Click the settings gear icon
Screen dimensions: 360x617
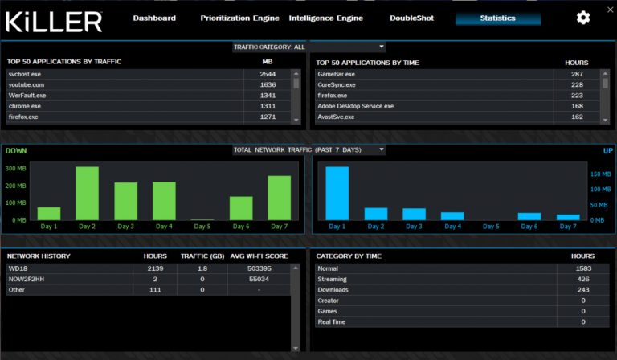click(x=583, y=18)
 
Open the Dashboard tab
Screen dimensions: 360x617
click(x=154, y=18)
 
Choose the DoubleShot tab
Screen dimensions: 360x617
click(x=411, y=18)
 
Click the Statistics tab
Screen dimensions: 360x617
click(x=498, y=18)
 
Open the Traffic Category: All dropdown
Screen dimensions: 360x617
click(x=308, y=47)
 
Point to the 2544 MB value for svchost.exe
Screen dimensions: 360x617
click(x=268, y=74)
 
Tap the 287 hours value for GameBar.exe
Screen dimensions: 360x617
click(x=577, y=74)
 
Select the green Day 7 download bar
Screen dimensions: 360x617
click(x=279, y=198)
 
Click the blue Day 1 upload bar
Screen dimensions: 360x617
click(x=337, y=193)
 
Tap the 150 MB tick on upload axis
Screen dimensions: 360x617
click(x=601, y=173)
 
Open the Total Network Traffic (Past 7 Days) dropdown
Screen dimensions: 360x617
click(x=308, y=150)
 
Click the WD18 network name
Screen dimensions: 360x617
click(x=18, y=268)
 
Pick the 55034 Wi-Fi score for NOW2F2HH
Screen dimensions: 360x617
click(x=259, y=279)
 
